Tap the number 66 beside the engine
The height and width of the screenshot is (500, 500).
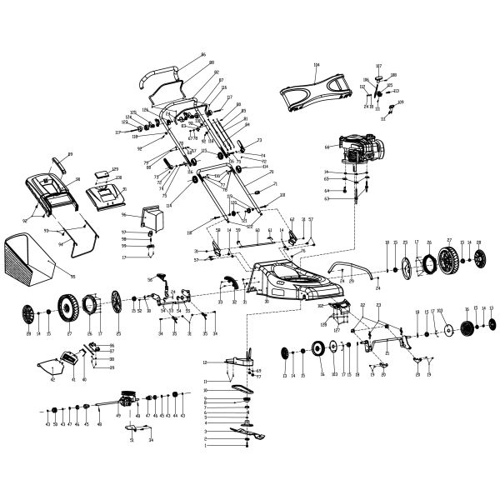(327, 148)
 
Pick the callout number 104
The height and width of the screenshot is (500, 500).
(316, 64)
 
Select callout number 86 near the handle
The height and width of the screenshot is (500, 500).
(202, 55)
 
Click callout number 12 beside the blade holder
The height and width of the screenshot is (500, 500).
(205, 362)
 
